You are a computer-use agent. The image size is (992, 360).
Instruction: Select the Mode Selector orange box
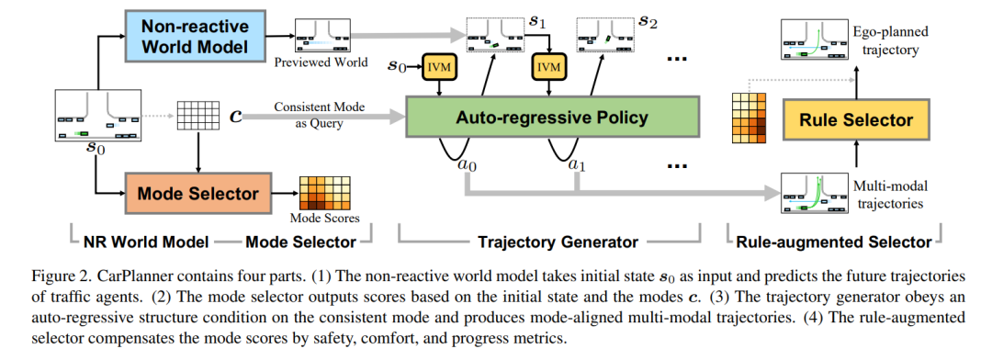(198, 193)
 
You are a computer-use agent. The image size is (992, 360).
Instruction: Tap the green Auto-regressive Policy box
(552, 117)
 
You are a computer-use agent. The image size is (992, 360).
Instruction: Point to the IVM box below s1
(549, 66)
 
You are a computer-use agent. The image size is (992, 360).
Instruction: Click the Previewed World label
(321, 63)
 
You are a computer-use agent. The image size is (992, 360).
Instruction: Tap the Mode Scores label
(324, 219)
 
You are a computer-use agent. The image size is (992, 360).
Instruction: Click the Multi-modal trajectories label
(889, 195)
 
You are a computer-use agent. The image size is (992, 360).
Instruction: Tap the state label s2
(648, 23)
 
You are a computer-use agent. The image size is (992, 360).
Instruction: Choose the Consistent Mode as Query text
(320, 115)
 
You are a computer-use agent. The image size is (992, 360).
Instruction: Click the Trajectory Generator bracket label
(550, 242)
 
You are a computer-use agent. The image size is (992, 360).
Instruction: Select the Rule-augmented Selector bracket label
(835, 242)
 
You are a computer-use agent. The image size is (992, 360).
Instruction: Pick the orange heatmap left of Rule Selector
(750, 117)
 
